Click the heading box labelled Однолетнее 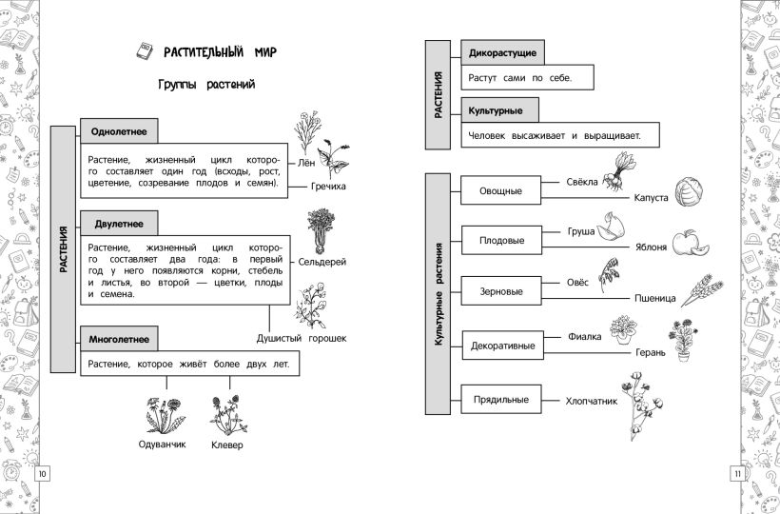[x=119, y=131]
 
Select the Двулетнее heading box [x=119, y=224]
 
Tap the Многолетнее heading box [x=119, y=339]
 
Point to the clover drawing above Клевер [x=227, y=415]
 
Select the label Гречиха [x=328, y=187]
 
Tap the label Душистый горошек [x=302, y=338]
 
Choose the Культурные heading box [x=496, y=111]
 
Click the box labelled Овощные [x=500, y=190]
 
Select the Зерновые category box [x=500, y=290]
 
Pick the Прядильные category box [x=500, y=400]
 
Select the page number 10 [x=43, y=474]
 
